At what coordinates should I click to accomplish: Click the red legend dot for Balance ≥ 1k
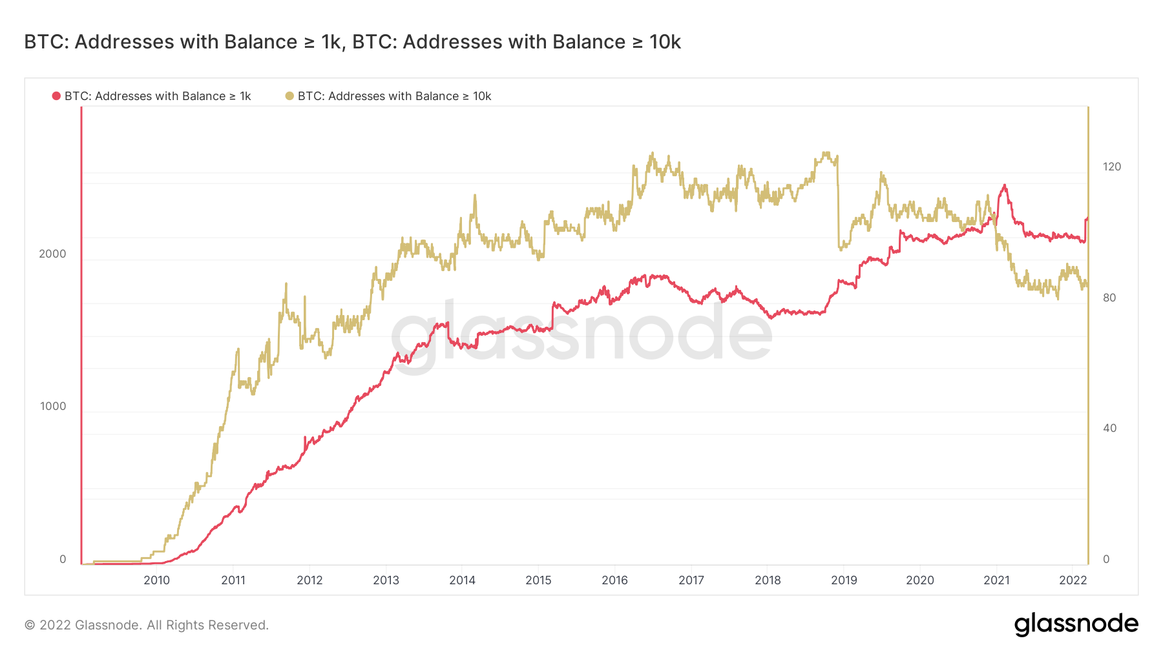[56, 96]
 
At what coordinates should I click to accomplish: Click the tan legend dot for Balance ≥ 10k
[289, 96]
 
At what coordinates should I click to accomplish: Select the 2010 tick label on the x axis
[156, 580]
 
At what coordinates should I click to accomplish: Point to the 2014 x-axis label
[462, 580]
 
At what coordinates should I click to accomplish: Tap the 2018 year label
[768, 580]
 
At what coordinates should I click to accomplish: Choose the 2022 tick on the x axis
[1073, 580]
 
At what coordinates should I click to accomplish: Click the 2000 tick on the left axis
[52, 254]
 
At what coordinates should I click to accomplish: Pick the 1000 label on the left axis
[52, 406]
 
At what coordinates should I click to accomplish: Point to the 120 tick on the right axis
[1111, 167]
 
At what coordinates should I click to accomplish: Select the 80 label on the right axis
[1109, 298]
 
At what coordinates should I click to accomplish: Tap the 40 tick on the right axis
[1109, 428]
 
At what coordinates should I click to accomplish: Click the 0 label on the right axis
[1106, 559]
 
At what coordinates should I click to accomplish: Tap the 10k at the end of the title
[665, 42]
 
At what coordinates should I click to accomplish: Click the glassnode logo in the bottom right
[1076, 624]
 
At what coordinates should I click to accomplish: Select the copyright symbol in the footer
[29, 625]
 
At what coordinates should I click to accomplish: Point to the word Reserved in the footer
[240, 625]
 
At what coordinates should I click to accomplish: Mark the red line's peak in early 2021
[1004, 186]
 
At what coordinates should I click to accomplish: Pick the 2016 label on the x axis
[614, 580]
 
